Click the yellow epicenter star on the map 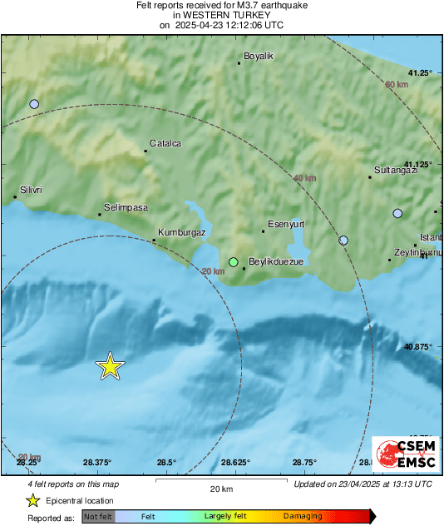tap(110, 366)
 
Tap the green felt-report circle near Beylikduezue tap(234, 261)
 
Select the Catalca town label tap(165, 143)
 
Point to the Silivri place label tap(32, 190)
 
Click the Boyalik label tap(258, 56)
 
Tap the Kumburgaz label tap(181, 232)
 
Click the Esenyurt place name tap(287, 223)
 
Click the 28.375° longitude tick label tap(97, 463)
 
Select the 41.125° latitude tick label tap(417, 164)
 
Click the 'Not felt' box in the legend tap(98, 517)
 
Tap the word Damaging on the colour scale tap(303, 517)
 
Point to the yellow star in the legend tap(32, 501)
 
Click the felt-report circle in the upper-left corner tap(34, 104)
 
